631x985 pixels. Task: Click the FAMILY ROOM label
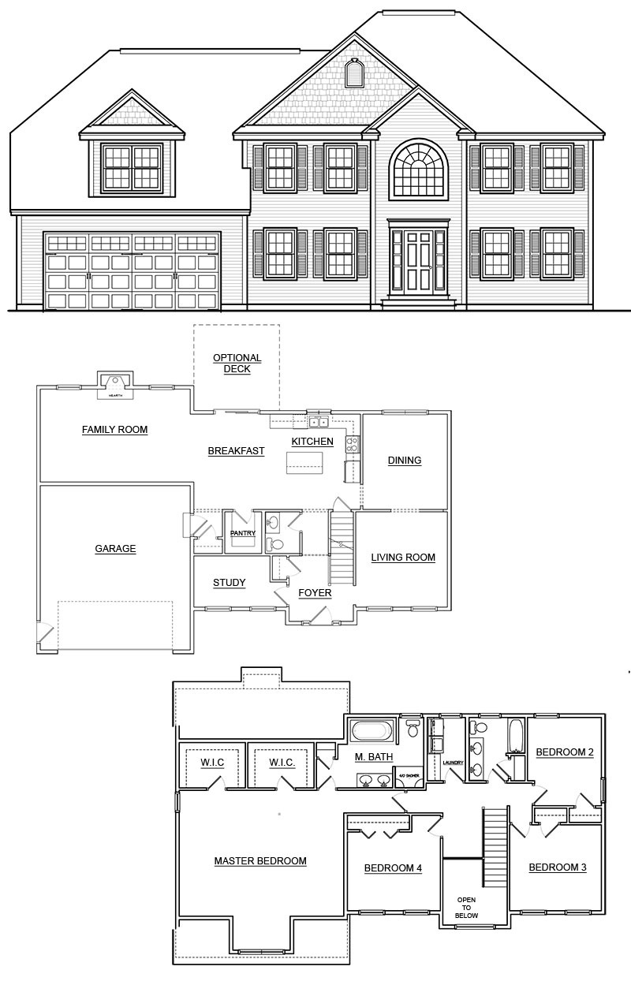[x=115, y=430]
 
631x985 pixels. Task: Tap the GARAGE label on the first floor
[x=115, y=549]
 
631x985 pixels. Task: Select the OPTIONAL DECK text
[x=237, y=363]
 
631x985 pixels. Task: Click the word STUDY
[x=229, y=583]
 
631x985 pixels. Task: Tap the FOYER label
[x=315, y=592]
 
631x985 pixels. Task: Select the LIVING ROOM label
[x=403, y=558]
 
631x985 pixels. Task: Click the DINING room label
[x=404, y=461]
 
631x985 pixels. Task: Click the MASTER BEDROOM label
[x=260, y=860]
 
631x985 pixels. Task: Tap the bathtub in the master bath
[x=372, y=730]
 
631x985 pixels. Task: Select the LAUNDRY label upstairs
[x=452, y=763]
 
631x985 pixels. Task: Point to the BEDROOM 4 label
[x=393, y=868]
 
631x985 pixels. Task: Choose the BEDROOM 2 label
[x=565, y=752]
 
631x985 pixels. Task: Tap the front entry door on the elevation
[x=418, y=260]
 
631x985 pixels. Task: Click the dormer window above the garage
[x=132, y=167]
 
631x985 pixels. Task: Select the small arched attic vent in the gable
[x=353, y=73]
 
